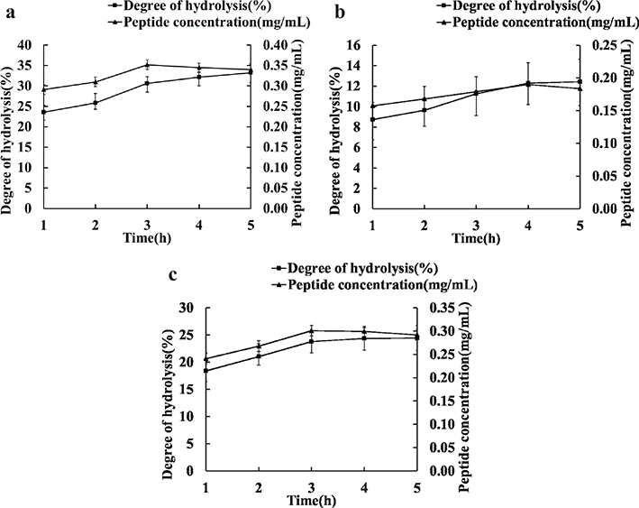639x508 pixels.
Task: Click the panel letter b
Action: (339, 12)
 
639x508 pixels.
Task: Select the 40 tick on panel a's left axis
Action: (26, 45)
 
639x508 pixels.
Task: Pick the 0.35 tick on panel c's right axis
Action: (437, 308)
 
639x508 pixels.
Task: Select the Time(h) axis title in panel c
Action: (312, 498)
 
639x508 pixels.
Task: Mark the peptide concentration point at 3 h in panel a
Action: (147, 65)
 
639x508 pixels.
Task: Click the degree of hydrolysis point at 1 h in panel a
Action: (43, 112)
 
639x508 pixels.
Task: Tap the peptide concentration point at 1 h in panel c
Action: (206, 359)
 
